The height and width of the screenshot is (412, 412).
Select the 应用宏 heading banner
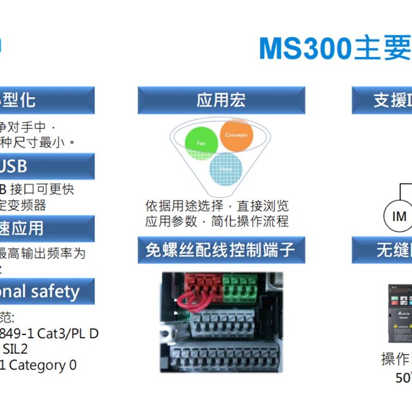point(221,100)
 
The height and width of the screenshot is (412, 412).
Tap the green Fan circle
point(201,142)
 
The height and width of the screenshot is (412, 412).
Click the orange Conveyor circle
point(236,135)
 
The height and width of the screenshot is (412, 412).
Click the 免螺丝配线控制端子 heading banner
point(221,250)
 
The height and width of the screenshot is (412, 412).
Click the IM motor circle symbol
point(399,216)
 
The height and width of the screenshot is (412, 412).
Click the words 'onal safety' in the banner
point(41,291)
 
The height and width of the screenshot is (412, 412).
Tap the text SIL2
point(15,349)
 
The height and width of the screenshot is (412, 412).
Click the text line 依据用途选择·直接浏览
point(217,207)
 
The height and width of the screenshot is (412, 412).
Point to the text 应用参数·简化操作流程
point(217,222)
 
